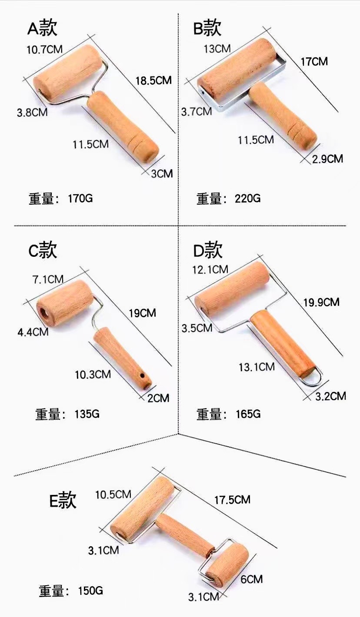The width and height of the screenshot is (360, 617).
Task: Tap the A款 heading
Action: point(43,29)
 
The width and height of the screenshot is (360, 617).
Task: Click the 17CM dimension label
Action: point(314,61)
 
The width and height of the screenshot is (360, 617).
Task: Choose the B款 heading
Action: point(207,29)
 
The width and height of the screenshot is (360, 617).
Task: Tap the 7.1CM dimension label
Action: point(48,279)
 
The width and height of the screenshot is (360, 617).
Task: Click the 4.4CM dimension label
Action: point(32,332)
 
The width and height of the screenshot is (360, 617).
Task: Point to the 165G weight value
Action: point(248,414)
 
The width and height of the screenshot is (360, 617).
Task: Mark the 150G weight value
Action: point(90,590)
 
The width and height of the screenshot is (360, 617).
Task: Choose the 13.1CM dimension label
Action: point(257,367)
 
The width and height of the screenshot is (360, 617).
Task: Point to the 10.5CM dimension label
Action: point(113,494)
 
